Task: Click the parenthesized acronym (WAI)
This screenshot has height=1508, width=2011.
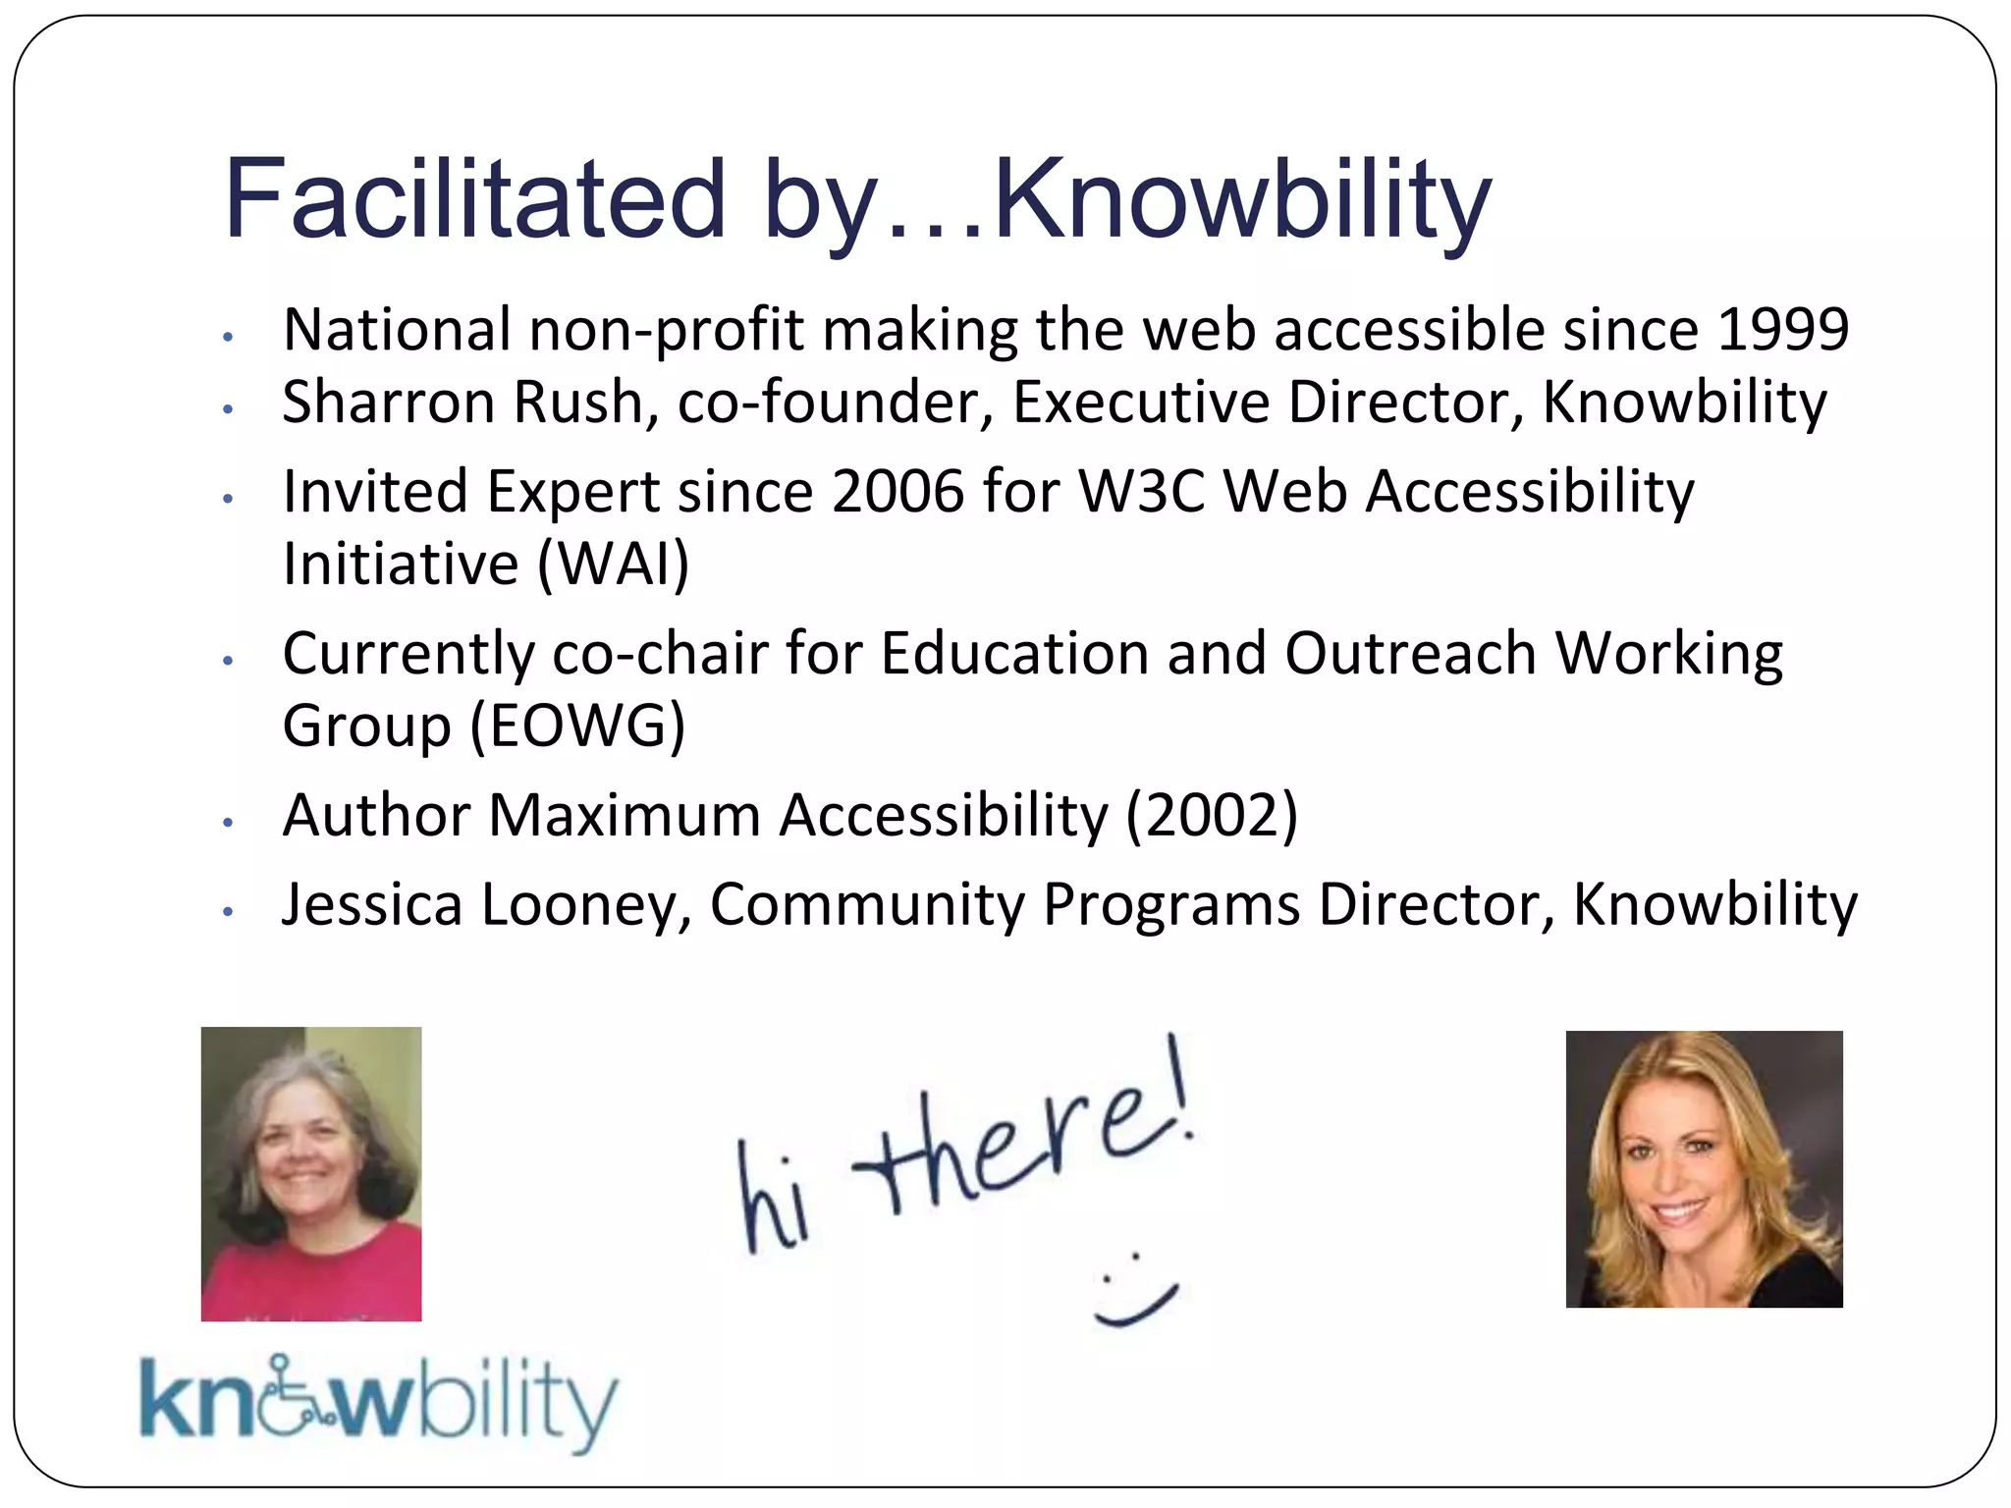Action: [x=613, y=564]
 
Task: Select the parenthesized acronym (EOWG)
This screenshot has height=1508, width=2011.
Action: [x=577, y=726]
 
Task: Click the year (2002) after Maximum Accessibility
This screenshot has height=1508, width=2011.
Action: [x=1212, y=815]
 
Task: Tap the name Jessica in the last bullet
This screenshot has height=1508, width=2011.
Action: [x=372, y=904]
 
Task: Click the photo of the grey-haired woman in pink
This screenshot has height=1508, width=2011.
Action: [x=311, y=1173]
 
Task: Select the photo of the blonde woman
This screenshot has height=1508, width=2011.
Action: [x=1704, y=1168]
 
